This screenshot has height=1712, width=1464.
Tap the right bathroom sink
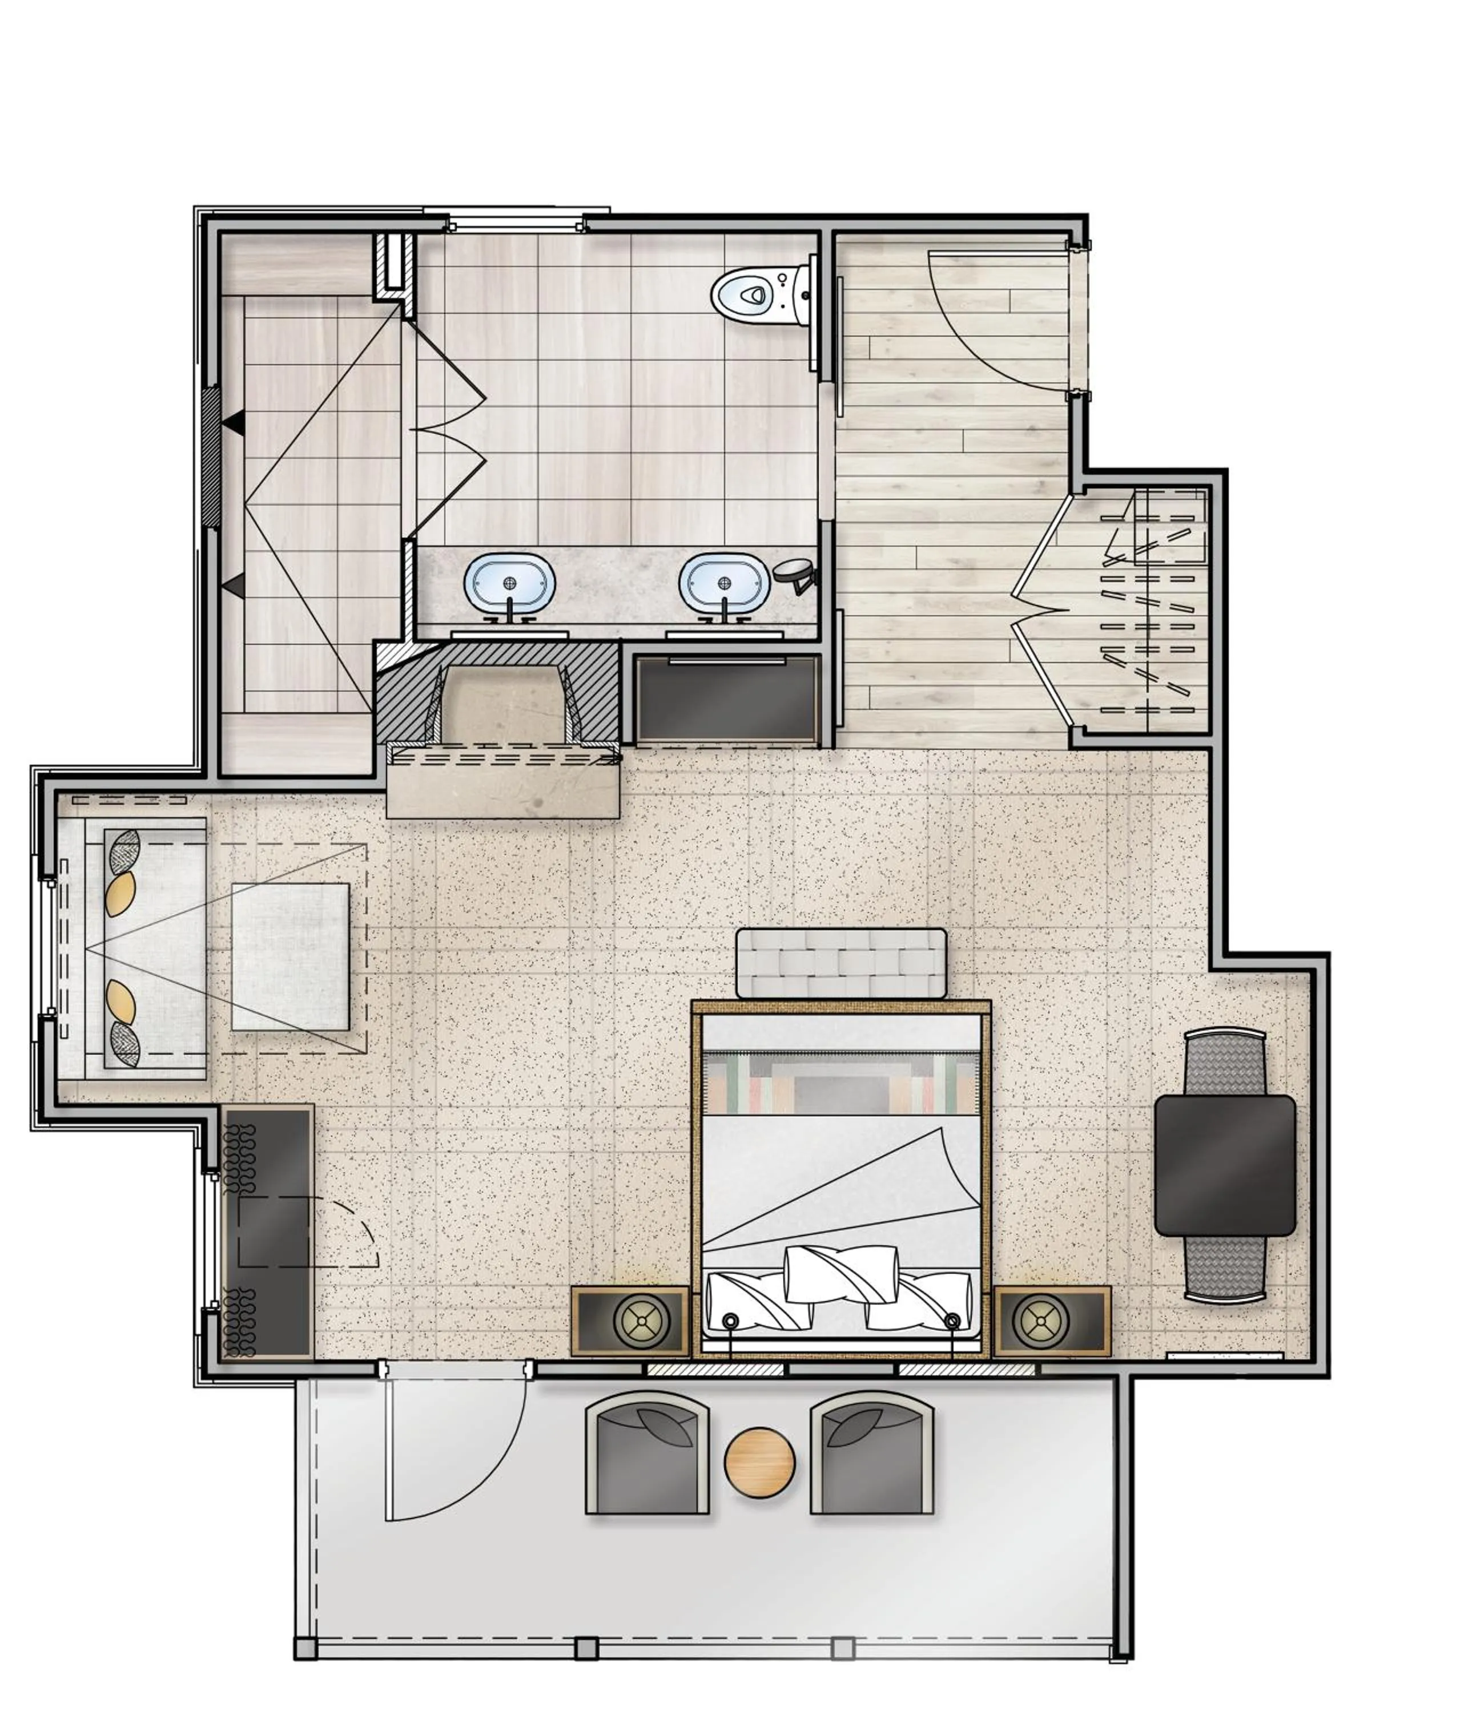pos(723,581)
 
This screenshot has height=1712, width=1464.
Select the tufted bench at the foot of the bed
pos(840,963)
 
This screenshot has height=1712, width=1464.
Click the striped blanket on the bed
pos(840,1083)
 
